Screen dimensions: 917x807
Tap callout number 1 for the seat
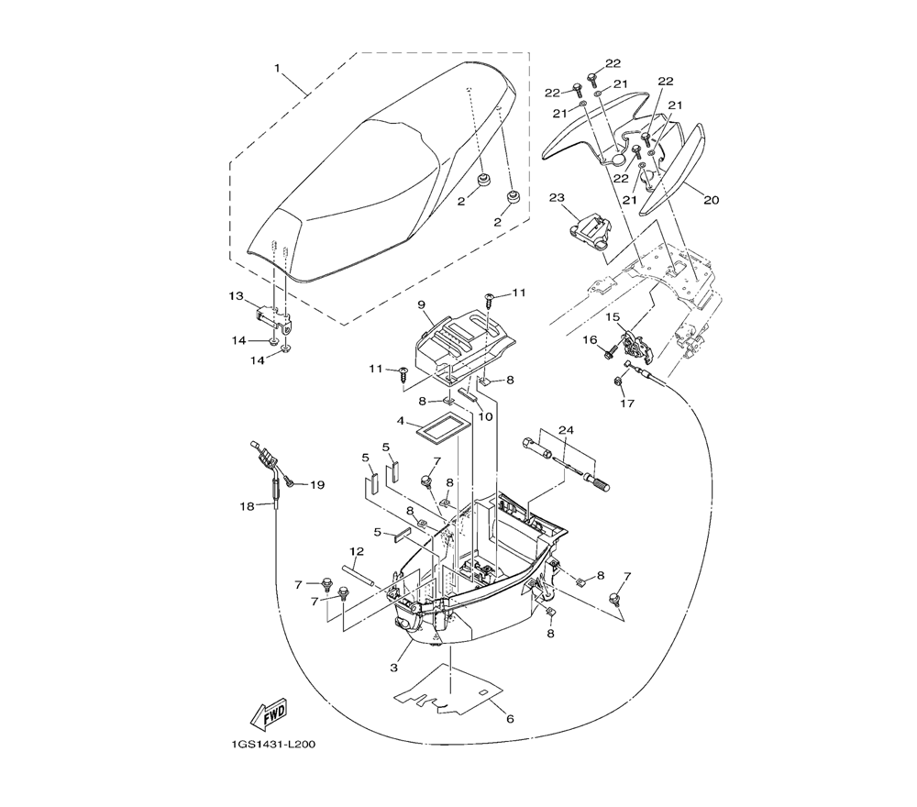pyautogui.click(x=277, y=69)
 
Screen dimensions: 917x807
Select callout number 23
pyautogui.click(x=557, y=198)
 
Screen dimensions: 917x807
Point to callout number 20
pyautogui.click(x=712, y=200)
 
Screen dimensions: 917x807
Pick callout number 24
pyautogui.click(x=566, y=430)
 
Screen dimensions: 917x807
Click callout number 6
pyautogui.click(x=510, y=719)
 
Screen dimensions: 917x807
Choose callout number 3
pyautogui.click(x=394, y=668)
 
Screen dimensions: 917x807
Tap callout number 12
pyautogui.click(x=357, y=551)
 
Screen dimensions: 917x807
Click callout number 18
pyautogui.click(x=248, y=506)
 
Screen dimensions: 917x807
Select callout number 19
pyautogui.click(x=317, y=485)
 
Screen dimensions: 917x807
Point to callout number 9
pyautogui.click(x=421, y=304)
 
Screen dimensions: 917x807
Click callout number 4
pyautogui.click(x=400, y=420)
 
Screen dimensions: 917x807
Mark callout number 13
pyautogui.click(x=236, y=296)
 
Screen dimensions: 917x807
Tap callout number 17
pyautogui.click(x=627, y=403)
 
